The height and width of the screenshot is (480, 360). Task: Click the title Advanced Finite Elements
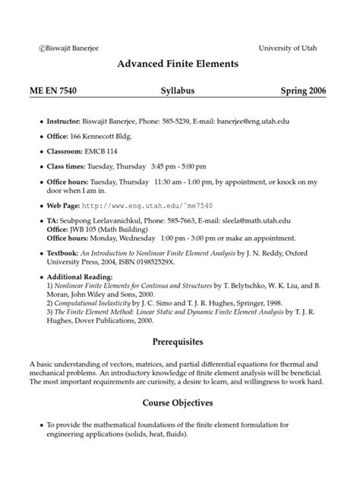pyautogui.click(x=178, y=65)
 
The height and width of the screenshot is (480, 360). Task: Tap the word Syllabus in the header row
pyautogui.click(x=178, y=91)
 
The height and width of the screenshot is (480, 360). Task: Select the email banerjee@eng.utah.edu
pyautogui.click(x=252, y=122)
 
